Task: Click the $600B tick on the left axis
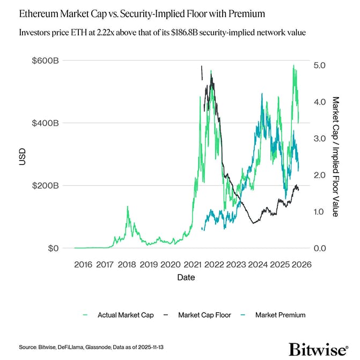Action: click(x=45, y=60)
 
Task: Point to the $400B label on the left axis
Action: click(x=45, y=123)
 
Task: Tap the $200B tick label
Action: click(x=45, y=186)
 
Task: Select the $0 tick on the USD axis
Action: click(x=52, y=248)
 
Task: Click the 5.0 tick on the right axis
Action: click(x=320, y=65)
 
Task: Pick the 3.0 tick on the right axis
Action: click(x=320, y=138)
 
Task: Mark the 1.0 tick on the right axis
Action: click(x=320, y=212)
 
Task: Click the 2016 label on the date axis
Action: click(x=83, y=264)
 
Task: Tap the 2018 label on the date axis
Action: click(x=127, y=264)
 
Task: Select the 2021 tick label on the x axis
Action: click(x=192, y=264)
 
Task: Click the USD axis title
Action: click(x=22, y=156)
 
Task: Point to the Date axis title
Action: click(x=186, y=278)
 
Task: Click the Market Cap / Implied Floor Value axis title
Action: click(x=336, y=157)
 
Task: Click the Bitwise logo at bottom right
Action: click(x=318, y=348)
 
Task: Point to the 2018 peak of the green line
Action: click(x=127, y=207)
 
